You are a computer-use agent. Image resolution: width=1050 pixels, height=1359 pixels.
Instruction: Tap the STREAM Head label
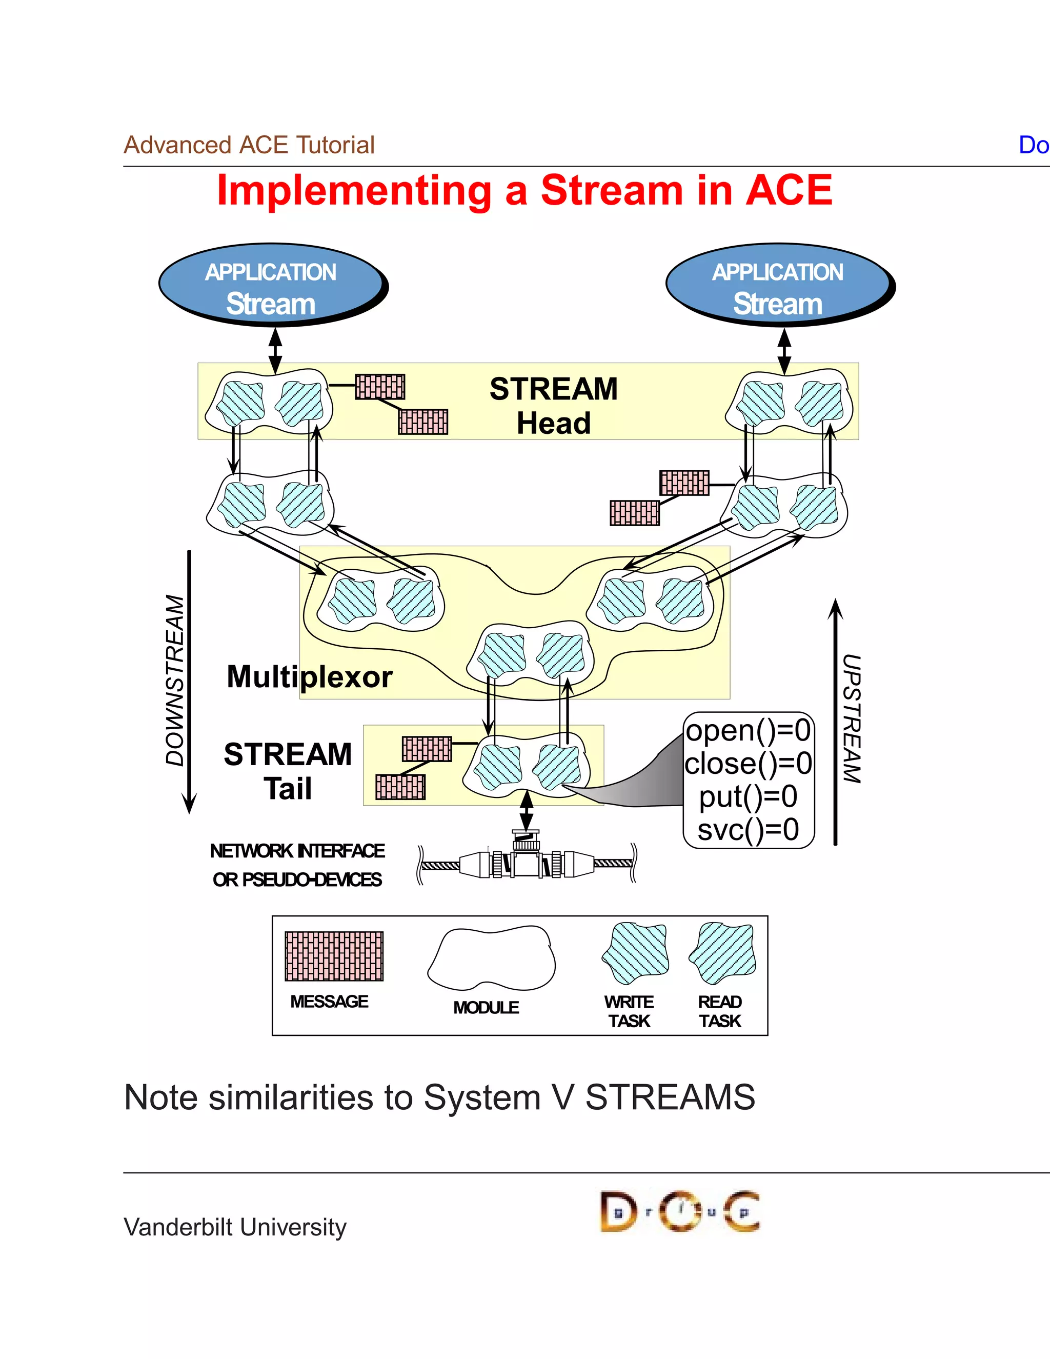(x=553, y=406)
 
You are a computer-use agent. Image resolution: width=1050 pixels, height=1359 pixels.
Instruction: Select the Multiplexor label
(x=309, y=676)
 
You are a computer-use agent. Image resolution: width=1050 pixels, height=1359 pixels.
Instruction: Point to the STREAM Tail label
(x=288, y=771)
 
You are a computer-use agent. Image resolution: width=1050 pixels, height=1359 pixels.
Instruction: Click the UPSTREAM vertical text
(x=852, y=718)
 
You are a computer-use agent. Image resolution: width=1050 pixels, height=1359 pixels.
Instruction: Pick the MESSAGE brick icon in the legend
(x=334, y=956)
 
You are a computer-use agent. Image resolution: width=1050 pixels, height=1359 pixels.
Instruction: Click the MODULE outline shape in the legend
(x=491, y=958)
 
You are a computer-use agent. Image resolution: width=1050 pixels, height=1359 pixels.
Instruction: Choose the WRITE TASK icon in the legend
(x=635, y=953)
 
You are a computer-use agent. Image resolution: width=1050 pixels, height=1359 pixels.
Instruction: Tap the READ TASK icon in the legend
(x=722, y=953)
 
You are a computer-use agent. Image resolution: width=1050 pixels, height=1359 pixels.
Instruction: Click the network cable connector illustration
(x=526, y=863)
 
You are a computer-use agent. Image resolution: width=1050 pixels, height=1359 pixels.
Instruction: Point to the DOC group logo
(x=679, y=1211)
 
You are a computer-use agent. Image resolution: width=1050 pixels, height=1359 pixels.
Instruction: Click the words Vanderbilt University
(x=235, y=1227)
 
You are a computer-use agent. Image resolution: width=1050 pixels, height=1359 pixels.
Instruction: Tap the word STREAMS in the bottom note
(x=670, y=1097)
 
